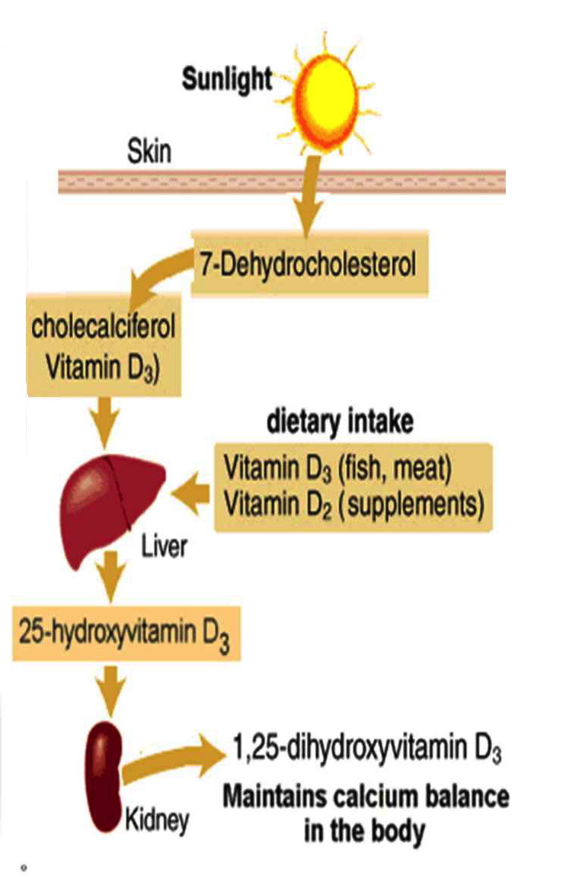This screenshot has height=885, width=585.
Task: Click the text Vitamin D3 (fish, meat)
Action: coord(338,468)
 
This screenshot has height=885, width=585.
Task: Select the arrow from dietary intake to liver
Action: coord(193,496)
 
